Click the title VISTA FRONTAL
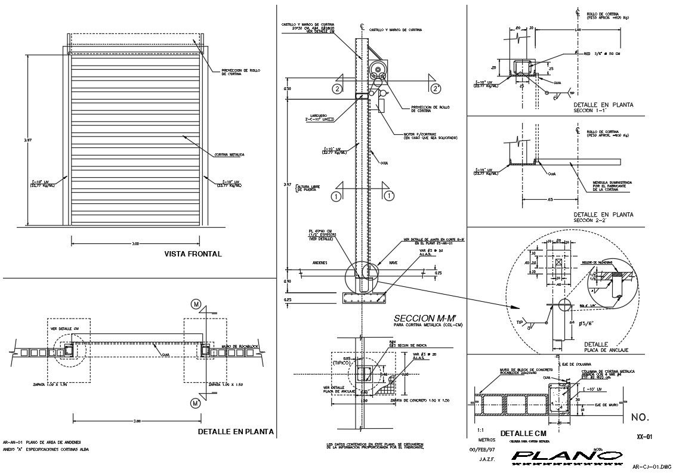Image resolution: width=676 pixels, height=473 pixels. [x=193, y=254]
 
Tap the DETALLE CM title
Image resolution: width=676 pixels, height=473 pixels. [x=523, y=434]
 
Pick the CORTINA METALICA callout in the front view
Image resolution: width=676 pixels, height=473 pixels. [x=229, y=155]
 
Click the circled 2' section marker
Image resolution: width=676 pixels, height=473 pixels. [x=436, y=89]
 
